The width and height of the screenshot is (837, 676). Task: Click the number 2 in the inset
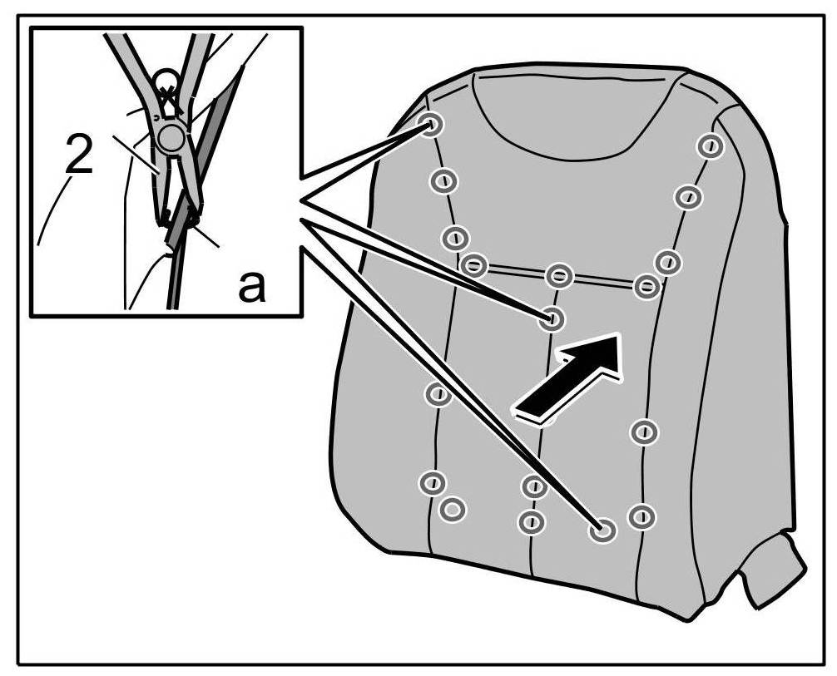(78, 156)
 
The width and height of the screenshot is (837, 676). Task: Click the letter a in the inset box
(252, 287)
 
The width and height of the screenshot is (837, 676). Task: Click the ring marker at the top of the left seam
(432, 126)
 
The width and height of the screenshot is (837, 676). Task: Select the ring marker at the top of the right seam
(710, 146)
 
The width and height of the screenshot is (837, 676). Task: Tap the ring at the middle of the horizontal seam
(559, 274)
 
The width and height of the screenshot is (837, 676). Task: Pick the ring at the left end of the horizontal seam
(473, 265)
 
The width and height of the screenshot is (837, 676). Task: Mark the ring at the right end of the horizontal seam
(646, 287)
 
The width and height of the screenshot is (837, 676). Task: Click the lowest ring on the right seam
(641, 516)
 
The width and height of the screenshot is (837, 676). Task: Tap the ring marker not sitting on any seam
(452, 507)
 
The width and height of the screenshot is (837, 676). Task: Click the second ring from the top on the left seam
(443, 180)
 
